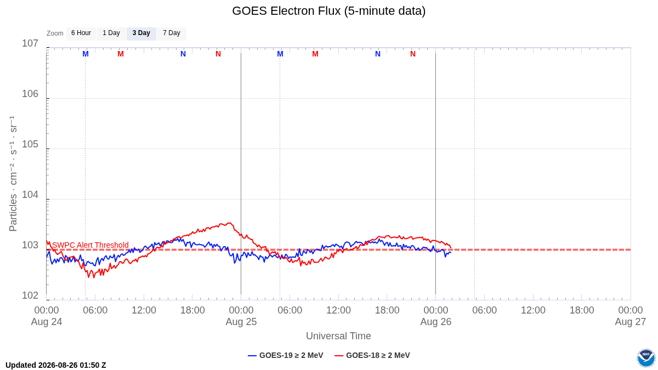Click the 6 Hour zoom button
(x=81, y=33)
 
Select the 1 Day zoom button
(x=111, y=33)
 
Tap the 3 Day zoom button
(x=141, y=33)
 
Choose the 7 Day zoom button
(x=172, y=33)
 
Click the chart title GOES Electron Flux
(x=328, y=11)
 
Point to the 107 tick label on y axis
(x=30, y=43)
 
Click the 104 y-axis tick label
(x=30, y=195)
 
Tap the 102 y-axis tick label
(x=30, y=295)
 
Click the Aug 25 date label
(x=241, y=322)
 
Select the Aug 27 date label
(x=631, y=322)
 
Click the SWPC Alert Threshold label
(x=90, y=245)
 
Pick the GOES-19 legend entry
(x=286, y=355)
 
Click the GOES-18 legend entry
(x=372, y=355)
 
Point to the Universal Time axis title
(x=338, y=336)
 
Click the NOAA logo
(x=646, y=358)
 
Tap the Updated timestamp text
(x=56, y=365)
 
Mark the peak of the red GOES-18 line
(x=230, y=223)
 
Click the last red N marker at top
(x=413, y=54)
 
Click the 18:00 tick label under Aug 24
(x=192, y=310)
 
